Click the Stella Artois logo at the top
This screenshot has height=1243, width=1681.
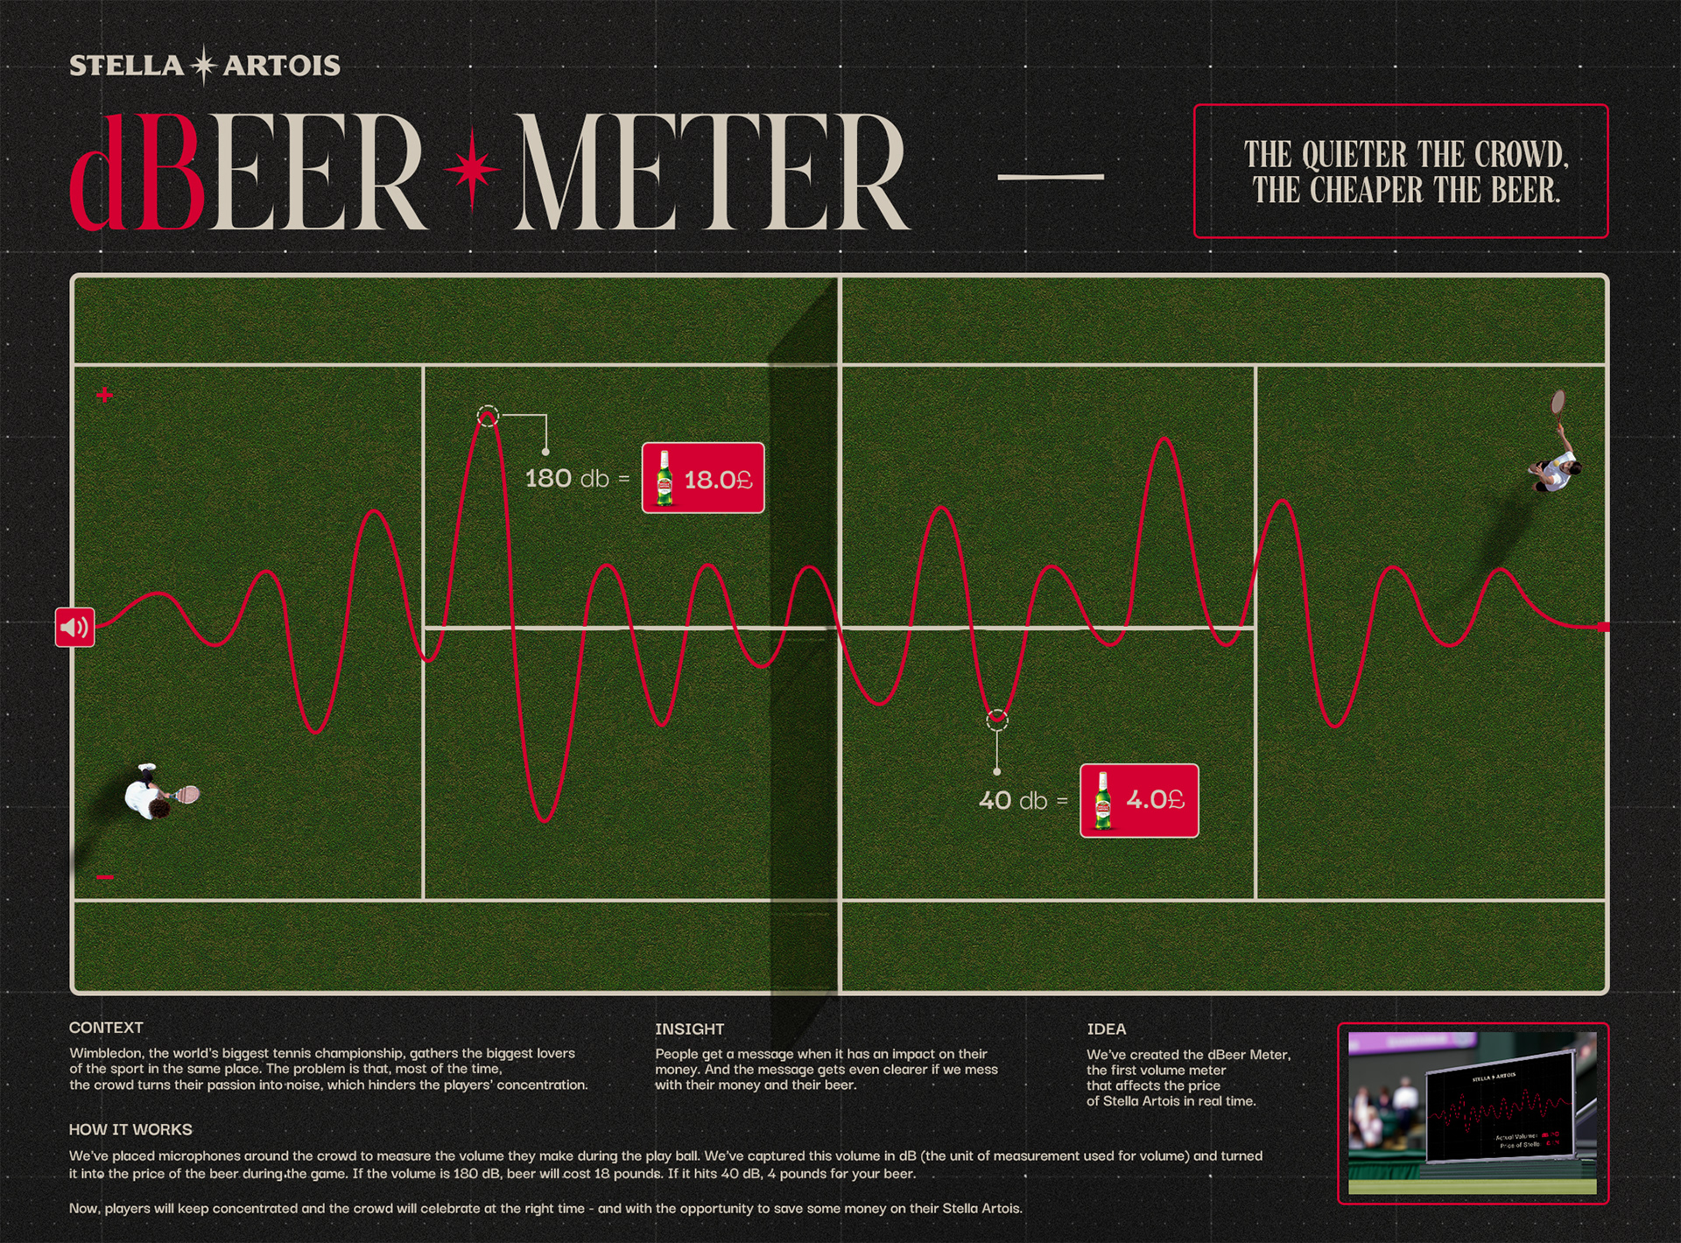(x=204, y=66)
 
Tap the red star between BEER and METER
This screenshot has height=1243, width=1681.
(x=472, y=170)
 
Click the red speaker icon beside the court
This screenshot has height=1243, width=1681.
(x=75, y=627)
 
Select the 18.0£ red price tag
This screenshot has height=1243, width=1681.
(x=702, y=478)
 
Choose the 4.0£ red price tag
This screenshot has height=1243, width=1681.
(x=1138, y=800)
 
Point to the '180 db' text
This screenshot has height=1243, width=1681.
(x=567, y=479)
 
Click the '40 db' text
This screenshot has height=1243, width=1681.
(x=1013, y=801)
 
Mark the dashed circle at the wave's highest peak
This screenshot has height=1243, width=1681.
(x=488, y=417)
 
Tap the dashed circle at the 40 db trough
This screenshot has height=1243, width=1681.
(x=997, y=720)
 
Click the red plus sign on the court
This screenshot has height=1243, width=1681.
(x=105, y=395)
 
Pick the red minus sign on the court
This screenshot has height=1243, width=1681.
(x=105, y=877)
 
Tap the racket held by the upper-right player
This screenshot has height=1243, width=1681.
(x=1558, y=403)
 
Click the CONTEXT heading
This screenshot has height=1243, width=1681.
(x=106, y=1028)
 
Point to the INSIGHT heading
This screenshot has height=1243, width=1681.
(x=689, y=1029)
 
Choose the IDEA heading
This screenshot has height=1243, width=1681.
(x=1107, y=1029)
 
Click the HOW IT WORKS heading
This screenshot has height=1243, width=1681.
(x=130, y=1130)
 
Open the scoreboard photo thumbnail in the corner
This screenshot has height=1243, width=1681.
(x=1473, y=1113)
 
